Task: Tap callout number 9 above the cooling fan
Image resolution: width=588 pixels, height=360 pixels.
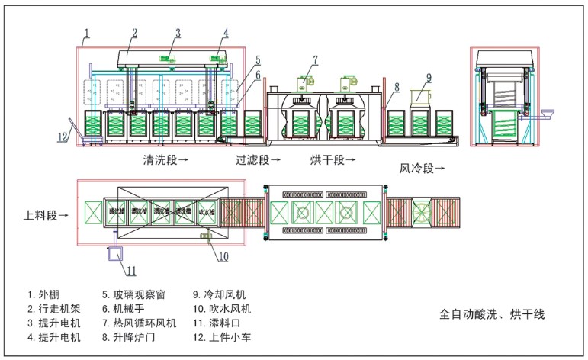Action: [429, 76]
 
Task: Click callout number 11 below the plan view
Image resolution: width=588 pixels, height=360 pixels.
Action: [132, 270]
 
